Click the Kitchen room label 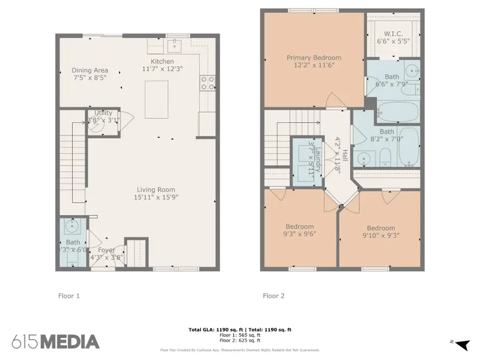pos(162,62)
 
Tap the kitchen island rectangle pos(157,99)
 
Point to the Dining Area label pos(90,70)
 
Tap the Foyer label pos(106,250)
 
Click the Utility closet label pos(103,113)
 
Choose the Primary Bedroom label pos(314,58)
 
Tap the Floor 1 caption pos(69,295)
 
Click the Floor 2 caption pos(274,295)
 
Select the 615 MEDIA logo pos(55,341)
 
